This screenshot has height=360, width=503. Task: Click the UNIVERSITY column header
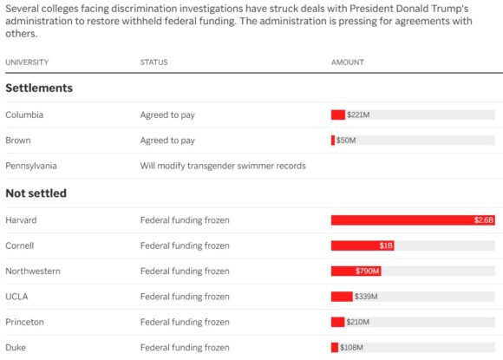pos(27,62)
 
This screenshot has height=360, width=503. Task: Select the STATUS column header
pos(154,62)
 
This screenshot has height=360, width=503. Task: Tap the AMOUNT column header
pos(348,62)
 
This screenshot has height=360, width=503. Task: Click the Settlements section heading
pos(39,88)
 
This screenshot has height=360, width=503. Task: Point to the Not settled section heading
pos(36,193)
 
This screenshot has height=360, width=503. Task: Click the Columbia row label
pos(24,115)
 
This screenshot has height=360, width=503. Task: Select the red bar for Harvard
pos(413,220)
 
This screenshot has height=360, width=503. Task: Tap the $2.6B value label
pos(484,220)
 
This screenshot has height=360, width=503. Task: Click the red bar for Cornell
pos(363,245)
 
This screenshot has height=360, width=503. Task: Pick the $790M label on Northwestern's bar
pos(368,272)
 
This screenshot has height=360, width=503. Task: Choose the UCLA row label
pos(16,297)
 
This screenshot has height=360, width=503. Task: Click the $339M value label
pos(366,297)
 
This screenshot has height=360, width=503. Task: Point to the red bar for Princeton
pos(338,322)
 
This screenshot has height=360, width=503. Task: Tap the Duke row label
pos(16,348)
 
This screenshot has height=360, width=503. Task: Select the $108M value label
pos(351,348)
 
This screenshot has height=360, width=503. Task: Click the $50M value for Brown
pos(346,141)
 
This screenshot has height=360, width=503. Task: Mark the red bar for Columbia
pos(338,115)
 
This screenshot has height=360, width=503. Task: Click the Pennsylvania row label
pos(31,166)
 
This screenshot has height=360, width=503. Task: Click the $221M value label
pos(358,115)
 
